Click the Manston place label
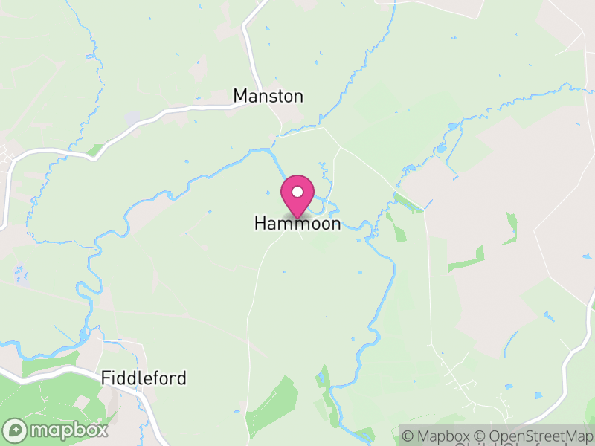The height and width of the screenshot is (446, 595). (268, 96)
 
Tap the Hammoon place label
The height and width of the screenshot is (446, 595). (297, 223)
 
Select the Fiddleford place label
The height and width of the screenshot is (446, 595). (144, 378)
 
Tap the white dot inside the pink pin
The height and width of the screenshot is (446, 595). (297, 192)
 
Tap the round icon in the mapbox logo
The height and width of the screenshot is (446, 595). (16, 430)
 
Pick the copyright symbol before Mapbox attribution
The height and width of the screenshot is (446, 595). (410, 436)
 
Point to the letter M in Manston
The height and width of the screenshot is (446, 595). (241, 96)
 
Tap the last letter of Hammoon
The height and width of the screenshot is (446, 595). (335, 223)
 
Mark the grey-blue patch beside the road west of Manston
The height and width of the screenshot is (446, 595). (132, 118)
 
